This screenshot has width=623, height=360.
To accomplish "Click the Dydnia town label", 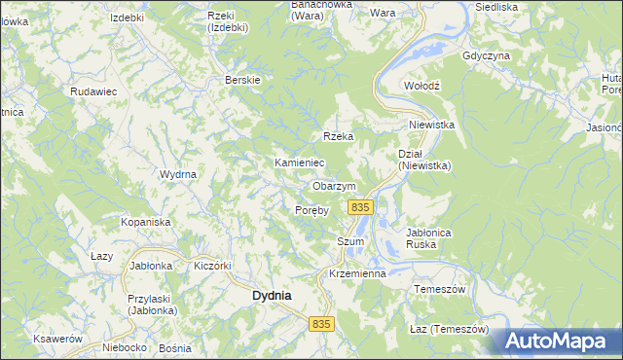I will (x=272, y=295).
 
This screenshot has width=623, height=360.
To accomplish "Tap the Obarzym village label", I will (x=334, y=186).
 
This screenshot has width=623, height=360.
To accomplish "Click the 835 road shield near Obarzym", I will (x=360, y=207).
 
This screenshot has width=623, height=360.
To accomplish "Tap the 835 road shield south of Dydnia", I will (x=323, y=322).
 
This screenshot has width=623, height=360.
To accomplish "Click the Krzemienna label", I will (x=358, y=274).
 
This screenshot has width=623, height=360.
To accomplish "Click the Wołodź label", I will (x=422, y=86).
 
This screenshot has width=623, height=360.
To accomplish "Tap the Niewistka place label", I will (x=432, y=126).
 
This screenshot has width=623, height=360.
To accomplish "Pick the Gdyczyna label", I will (x=488, y=55).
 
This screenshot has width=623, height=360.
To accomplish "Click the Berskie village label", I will (x=241, y=80).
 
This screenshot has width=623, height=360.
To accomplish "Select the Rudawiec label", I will (x=93, y=90).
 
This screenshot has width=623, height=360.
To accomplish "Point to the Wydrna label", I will (x=178, y=174).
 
